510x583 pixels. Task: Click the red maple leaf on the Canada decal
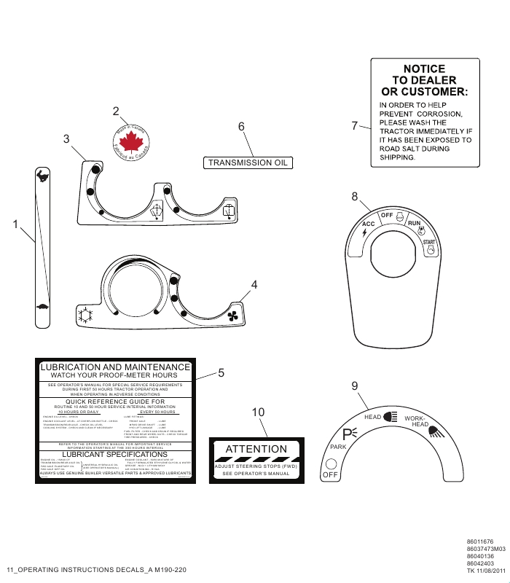(127, 141)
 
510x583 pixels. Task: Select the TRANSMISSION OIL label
(247, 163)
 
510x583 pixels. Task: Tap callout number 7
(355, 125)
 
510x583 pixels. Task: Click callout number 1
(15, 225)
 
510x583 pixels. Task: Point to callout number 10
(258, 412)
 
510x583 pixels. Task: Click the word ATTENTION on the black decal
(256, 449)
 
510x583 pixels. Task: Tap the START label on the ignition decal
(430, 242)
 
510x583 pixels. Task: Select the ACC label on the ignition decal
(368, 223)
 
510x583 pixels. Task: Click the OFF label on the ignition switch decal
(387, 215)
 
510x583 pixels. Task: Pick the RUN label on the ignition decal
(414, 222)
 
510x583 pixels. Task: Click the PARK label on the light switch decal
(338, 447)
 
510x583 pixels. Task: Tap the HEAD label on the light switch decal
(373, 417)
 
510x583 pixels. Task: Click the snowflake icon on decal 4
(86, 317)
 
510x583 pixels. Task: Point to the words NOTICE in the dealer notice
(424, 69)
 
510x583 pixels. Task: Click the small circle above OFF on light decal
(331, 463)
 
